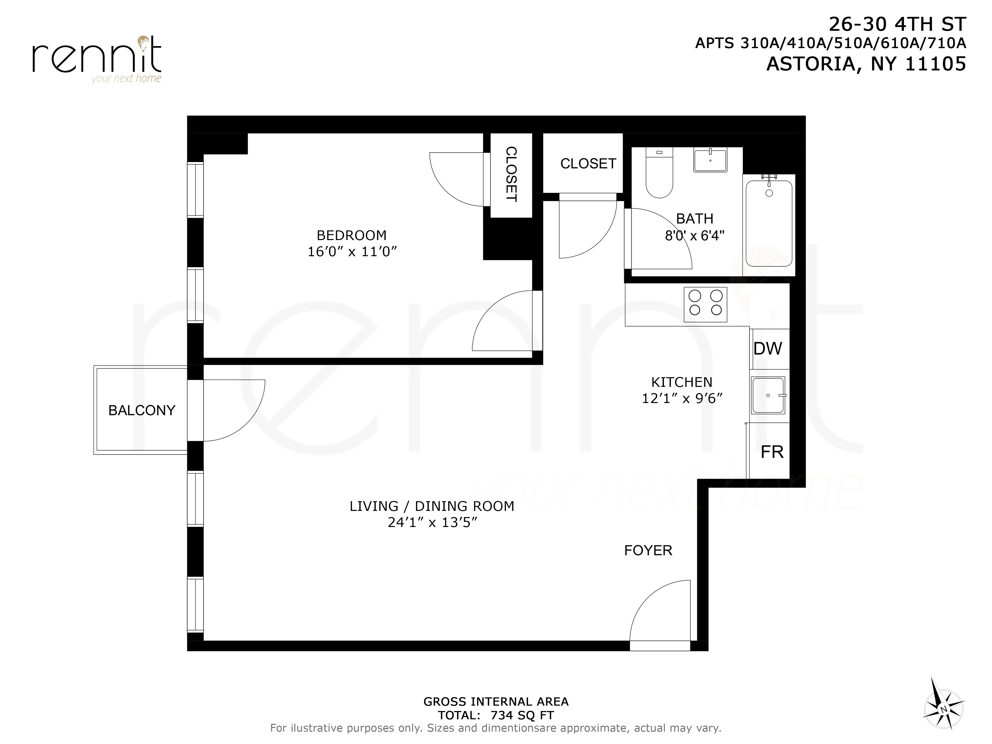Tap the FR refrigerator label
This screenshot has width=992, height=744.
point(772,452)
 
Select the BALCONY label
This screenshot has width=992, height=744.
point(142,410)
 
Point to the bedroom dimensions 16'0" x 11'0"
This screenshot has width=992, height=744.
point(352,251)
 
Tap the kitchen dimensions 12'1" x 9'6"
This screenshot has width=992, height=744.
point(682,398)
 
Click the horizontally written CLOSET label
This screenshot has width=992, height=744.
point(588,164)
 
